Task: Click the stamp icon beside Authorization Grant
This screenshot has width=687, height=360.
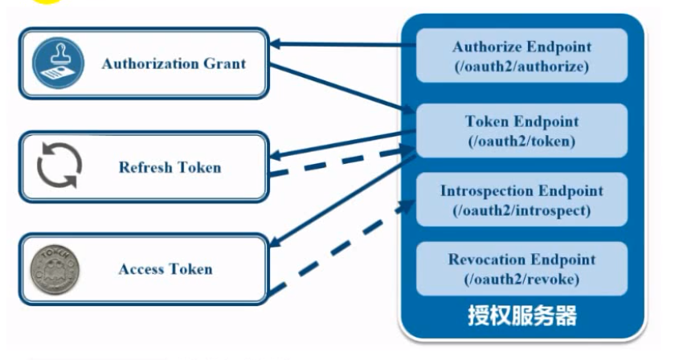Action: (x=59, y=63)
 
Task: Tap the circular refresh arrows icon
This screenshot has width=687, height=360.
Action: (x=59, y=166)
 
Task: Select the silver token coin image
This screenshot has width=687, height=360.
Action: (x=55, y=269)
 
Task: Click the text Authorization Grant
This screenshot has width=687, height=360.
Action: (x=174, y=64)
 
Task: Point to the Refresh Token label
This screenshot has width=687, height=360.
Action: (x=170, y=167)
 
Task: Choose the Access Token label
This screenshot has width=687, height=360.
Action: (x=166, y=269)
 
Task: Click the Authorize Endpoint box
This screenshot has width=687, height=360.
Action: (x=521, y=55)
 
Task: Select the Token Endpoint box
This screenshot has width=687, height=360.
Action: (x=521, y=130)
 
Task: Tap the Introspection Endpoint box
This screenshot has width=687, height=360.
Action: (x=521, y=200)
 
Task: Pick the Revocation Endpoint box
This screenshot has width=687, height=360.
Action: (x=521, y=268)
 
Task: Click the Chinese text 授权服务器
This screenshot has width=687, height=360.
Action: (x=522, y=315)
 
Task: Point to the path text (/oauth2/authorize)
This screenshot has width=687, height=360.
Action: (x=521, y=67)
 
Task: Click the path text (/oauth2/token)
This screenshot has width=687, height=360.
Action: (x=521, y=141)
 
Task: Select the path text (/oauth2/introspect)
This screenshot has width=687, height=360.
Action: (x=521, y=211)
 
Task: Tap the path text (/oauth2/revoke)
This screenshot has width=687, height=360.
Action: (x=521, y=280)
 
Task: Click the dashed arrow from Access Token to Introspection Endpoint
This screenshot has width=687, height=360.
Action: (x=341, y=247)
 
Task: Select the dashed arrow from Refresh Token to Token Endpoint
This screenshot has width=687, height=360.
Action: (x=341, y=162)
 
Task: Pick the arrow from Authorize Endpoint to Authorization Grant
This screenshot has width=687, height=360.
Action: (x=342, y=44)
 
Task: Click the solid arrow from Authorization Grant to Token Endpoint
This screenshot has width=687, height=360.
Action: (x=342, y=88)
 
